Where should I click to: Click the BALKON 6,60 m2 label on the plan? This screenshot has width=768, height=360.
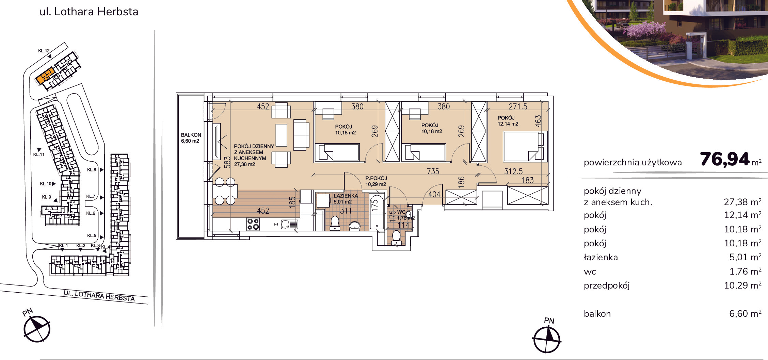pos(191,138)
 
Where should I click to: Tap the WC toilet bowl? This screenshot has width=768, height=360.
pos(396,238)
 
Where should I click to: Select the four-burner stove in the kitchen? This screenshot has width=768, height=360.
pos(253,224)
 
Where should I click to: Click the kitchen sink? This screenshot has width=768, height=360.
pos(289,224)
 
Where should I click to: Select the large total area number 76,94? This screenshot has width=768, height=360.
pos(725,159)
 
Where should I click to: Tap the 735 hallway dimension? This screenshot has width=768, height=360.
pos(433,171)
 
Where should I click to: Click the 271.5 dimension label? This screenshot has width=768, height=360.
pos(518,107)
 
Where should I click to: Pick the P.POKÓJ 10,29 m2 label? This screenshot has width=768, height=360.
pos(376,181)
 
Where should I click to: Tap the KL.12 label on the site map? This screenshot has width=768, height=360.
pos(44,51)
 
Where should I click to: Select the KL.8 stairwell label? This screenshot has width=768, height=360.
pos(92,169)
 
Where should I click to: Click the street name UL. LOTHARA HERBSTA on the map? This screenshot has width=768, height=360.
pos(99,296)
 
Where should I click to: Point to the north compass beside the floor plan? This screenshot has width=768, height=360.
pos(547,339)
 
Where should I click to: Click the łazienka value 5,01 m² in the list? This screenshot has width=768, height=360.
pos(745,257)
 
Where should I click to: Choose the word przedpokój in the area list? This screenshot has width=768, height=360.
pos(607,285)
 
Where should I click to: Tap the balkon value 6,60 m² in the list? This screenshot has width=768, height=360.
pos(745,313)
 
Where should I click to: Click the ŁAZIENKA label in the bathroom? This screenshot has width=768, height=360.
pos(346,196)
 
